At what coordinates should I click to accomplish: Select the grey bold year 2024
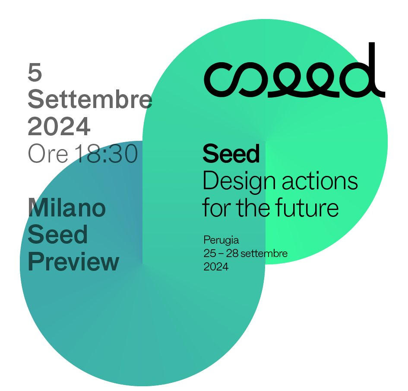[x=59, y=126]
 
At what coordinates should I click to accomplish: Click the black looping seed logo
[x=294, y=70]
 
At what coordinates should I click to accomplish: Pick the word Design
[x=239, y=182]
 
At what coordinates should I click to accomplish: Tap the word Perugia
[x=221, y=240]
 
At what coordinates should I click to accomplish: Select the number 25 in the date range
[x=210, y=253]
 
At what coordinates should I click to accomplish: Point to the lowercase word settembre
[x=264, y=253]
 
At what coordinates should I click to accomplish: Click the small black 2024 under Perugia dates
[x=216, y=267]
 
